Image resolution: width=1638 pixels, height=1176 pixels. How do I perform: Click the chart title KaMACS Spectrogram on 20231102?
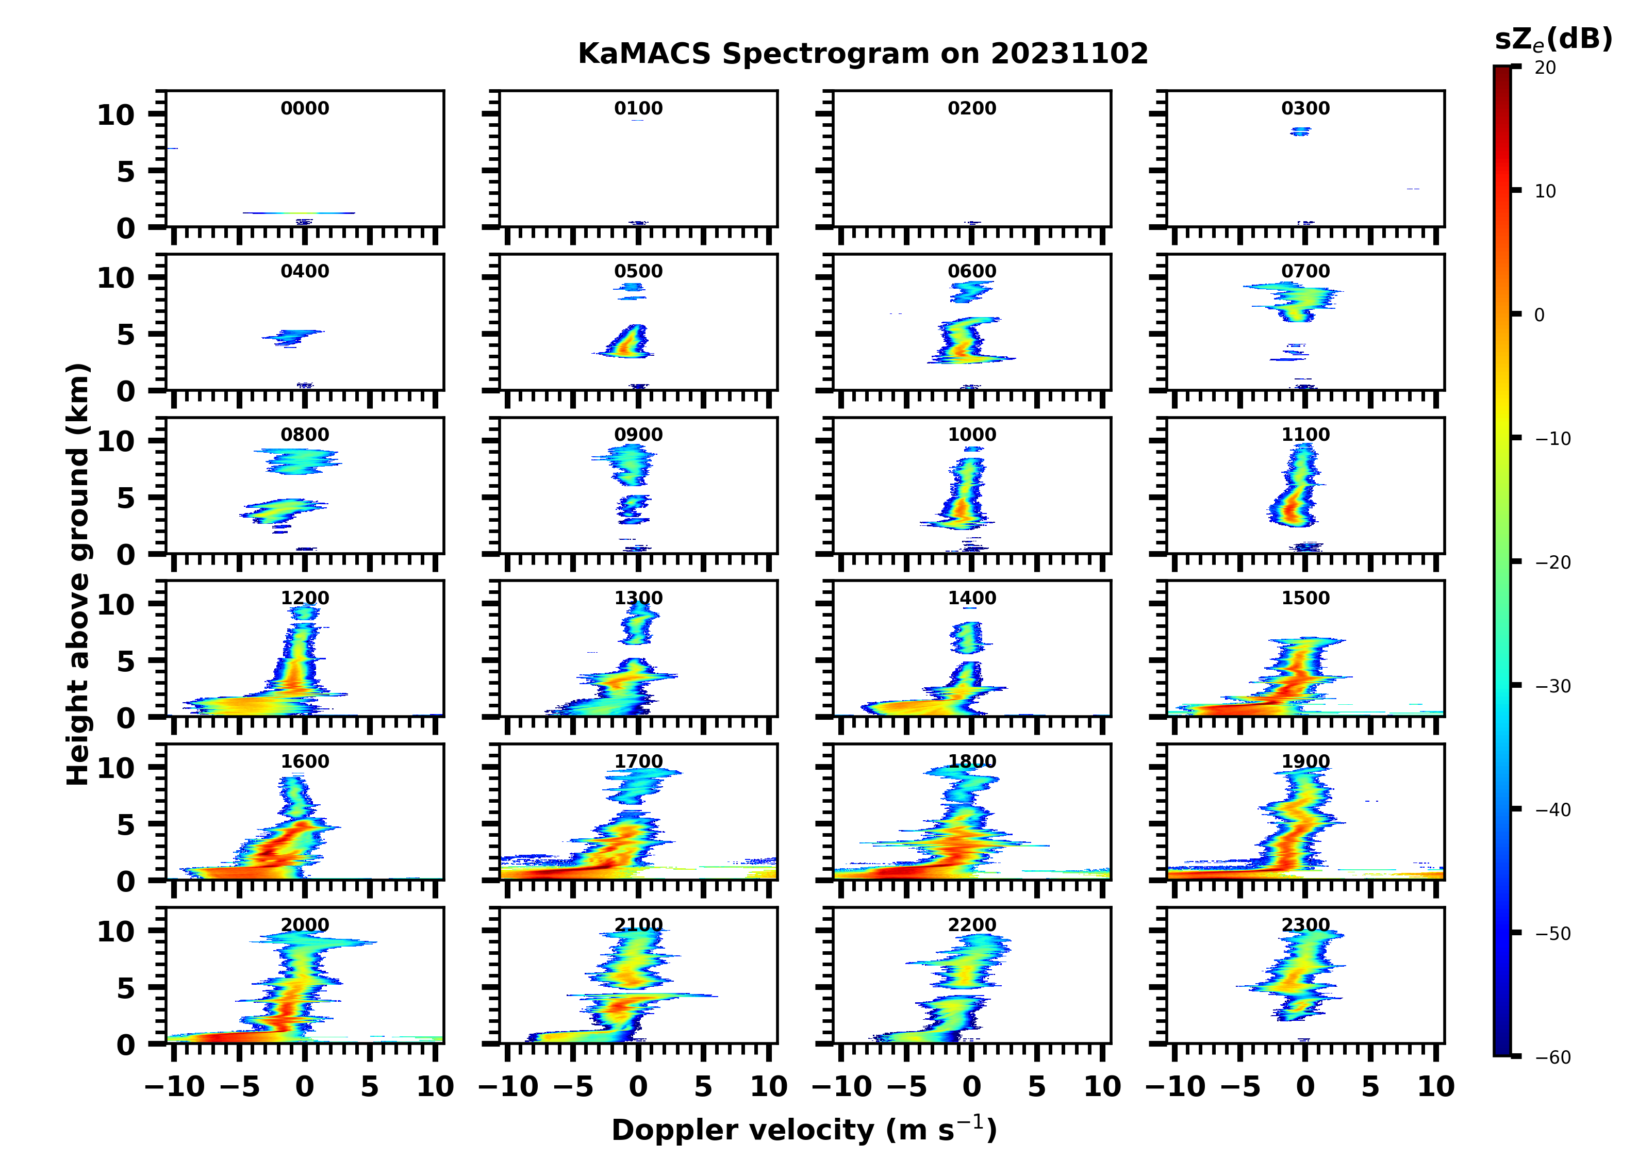[x=863, y=54]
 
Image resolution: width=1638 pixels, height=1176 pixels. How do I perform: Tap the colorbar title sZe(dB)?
[x=1553, y=40]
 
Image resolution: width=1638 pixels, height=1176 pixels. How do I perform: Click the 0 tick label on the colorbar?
[x=1539, y=315]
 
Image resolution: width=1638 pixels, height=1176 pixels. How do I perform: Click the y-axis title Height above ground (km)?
[x=78, y=574]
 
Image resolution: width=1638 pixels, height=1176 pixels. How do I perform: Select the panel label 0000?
[x=305, y=108]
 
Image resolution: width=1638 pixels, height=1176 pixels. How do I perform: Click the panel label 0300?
[x=1305, y=108]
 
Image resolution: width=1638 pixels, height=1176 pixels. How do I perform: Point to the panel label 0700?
[x=1305, y=272]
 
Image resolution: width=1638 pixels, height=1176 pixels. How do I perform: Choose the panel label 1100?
[x=1305, y=435]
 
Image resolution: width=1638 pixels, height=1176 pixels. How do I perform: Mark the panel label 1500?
[x=1305, y=598]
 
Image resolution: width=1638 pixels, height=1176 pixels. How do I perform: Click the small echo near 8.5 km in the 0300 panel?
[x=1301, y=131]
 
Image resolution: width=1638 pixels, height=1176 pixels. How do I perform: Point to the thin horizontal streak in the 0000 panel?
[x=299, y=213]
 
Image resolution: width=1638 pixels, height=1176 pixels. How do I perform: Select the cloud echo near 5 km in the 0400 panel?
[x=292, y=337]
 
